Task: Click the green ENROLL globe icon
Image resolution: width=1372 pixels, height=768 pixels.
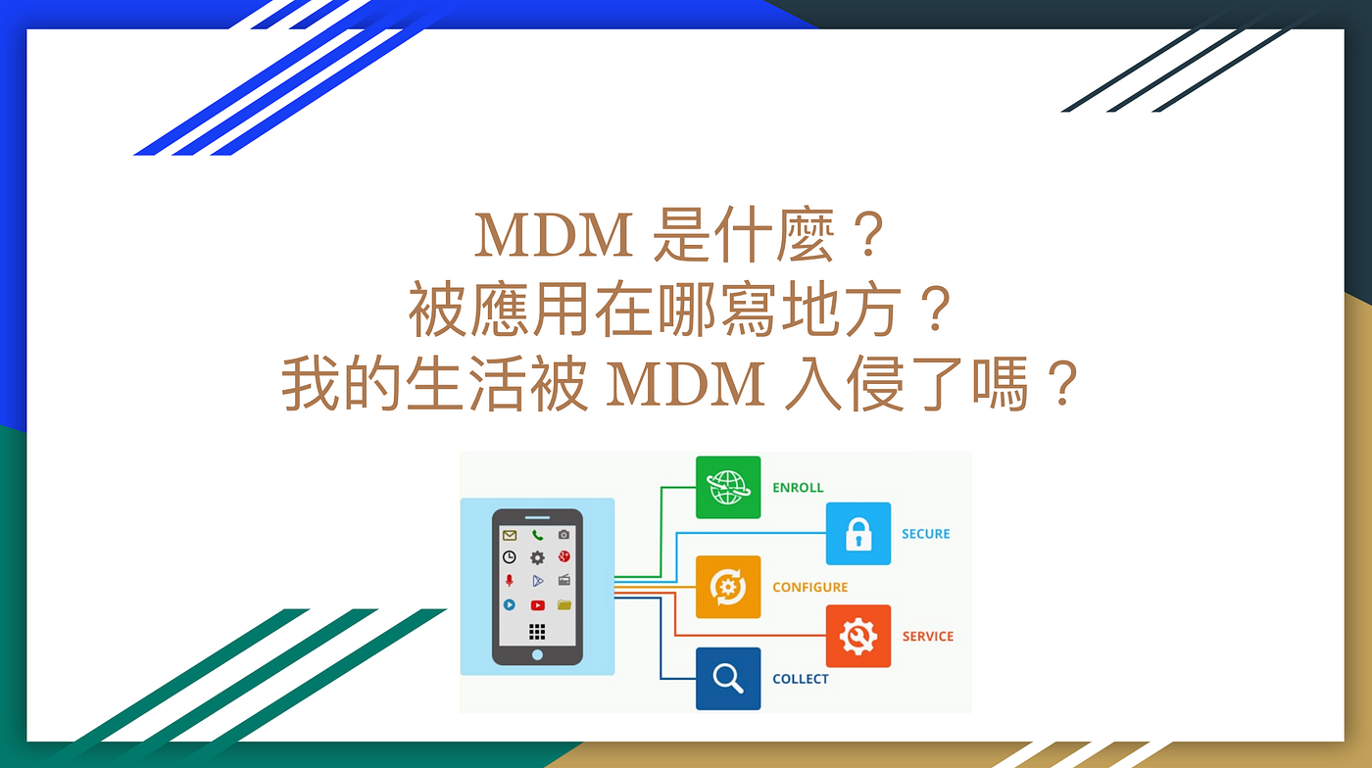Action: (728, 487)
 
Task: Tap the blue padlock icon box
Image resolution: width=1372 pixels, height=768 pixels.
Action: (858, 534)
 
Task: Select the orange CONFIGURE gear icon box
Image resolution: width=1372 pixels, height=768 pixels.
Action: (728, 587)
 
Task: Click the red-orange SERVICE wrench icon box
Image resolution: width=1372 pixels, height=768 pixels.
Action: (858, 636)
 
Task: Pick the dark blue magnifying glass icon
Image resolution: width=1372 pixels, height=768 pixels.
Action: (728, 678)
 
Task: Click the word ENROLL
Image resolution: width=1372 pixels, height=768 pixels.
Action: (798, 488)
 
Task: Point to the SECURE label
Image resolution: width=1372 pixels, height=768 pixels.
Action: (925, 534)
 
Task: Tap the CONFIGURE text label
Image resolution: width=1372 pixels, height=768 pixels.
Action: (809, 588)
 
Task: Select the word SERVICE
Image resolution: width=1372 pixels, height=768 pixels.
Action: (927, 637)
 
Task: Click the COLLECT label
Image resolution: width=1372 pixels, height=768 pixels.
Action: (800, 679)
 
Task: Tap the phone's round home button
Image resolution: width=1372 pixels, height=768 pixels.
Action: (537, 654)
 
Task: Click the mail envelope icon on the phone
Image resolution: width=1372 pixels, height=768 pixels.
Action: (509, 535)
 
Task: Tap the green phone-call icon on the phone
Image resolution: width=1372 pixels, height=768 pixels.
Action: (537, 535)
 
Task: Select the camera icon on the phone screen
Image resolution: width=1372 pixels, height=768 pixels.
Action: (564, 535)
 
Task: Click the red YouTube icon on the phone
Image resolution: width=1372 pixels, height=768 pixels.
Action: (537, 605)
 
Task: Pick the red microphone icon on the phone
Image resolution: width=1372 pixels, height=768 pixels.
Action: (509, 581)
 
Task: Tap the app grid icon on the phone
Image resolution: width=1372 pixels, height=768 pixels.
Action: (537, 631)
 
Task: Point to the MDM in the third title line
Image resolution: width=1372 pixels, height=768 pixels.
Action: (686, 387)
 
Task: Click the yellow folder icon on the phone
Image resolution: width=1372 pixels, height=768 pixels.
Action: (564, 605)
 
